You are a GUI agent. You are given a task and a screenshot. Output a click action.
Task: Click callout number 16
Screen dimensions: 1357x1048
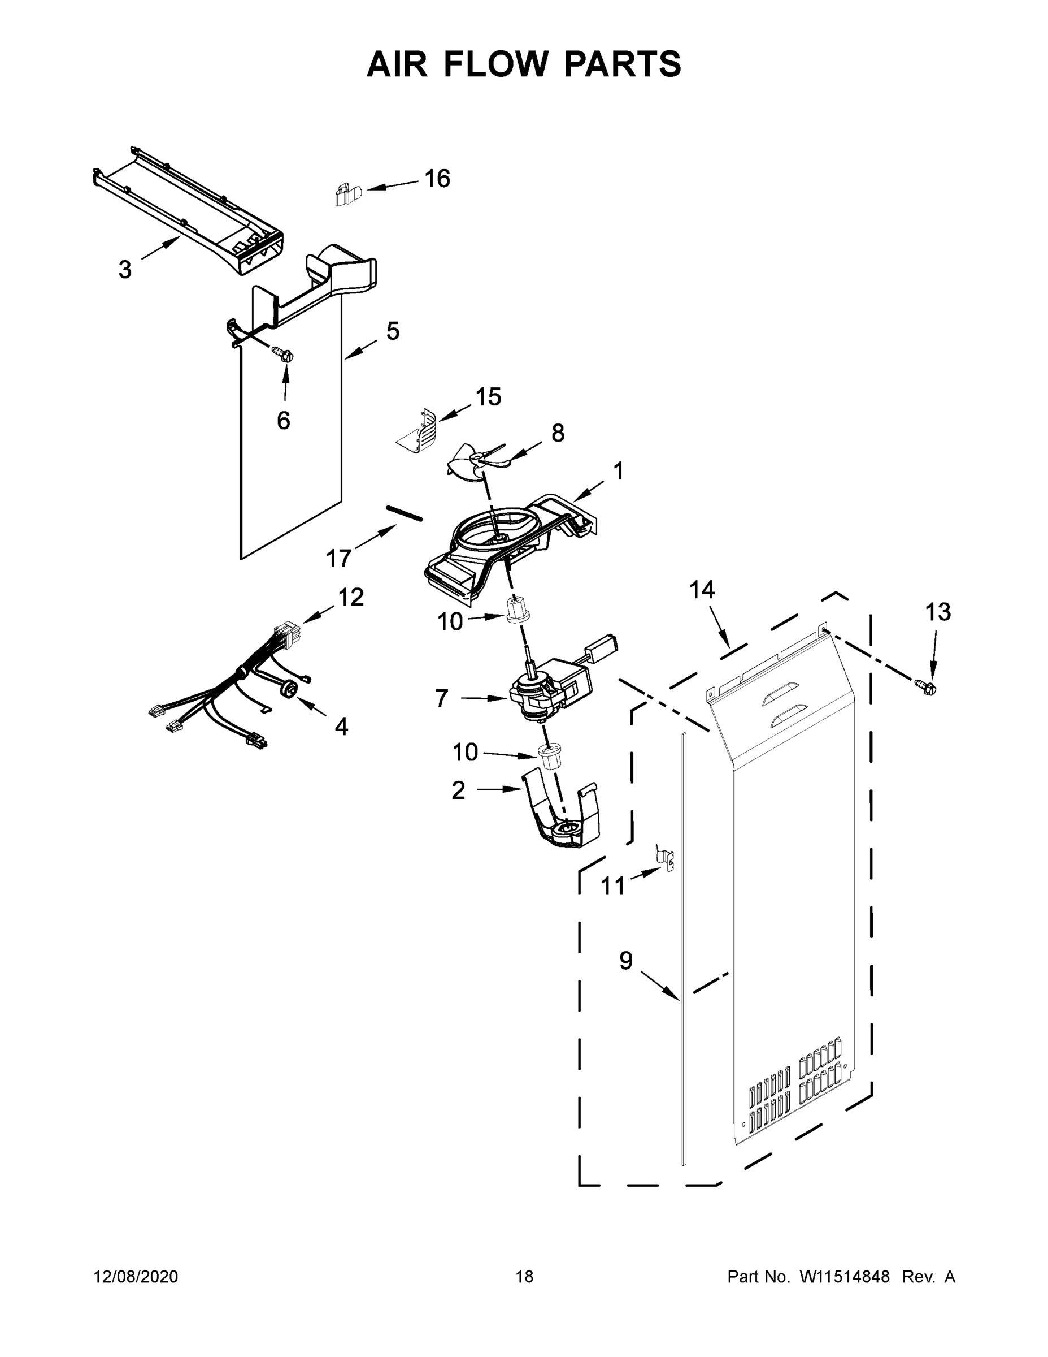point(437,179)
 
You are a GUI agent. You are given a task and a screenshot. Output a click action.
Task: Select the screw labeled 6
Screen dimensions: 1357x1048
point(284,356)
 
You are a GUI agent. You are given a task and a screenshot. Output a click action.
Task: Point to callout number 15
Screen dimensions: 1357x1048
point(489,396)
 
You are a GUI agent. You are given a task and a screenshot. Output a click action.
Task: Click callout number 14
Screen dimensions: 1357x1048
point(702,590)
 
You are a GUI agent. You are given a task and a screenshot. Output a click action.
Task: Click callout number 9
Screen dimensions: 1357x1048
point(626,961)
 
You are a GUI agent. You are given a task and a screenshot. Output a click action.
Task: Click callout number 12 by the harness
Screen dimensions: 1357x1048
point(351,597)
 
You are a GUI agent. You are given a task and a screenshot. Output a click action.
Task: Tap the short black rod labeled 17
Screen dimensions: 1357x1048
point(405,513)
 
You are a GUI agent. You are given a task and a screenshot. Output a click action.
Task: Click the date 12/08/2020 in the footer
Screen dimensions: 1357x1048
point(136,1276)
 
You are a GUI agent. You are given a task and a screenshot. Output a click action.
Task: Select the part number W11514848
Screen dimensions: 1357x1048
point(845,1276)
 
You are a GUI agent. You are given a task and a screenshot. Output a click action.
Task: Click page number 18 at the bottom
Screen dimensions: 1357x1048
point(525,1276)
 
